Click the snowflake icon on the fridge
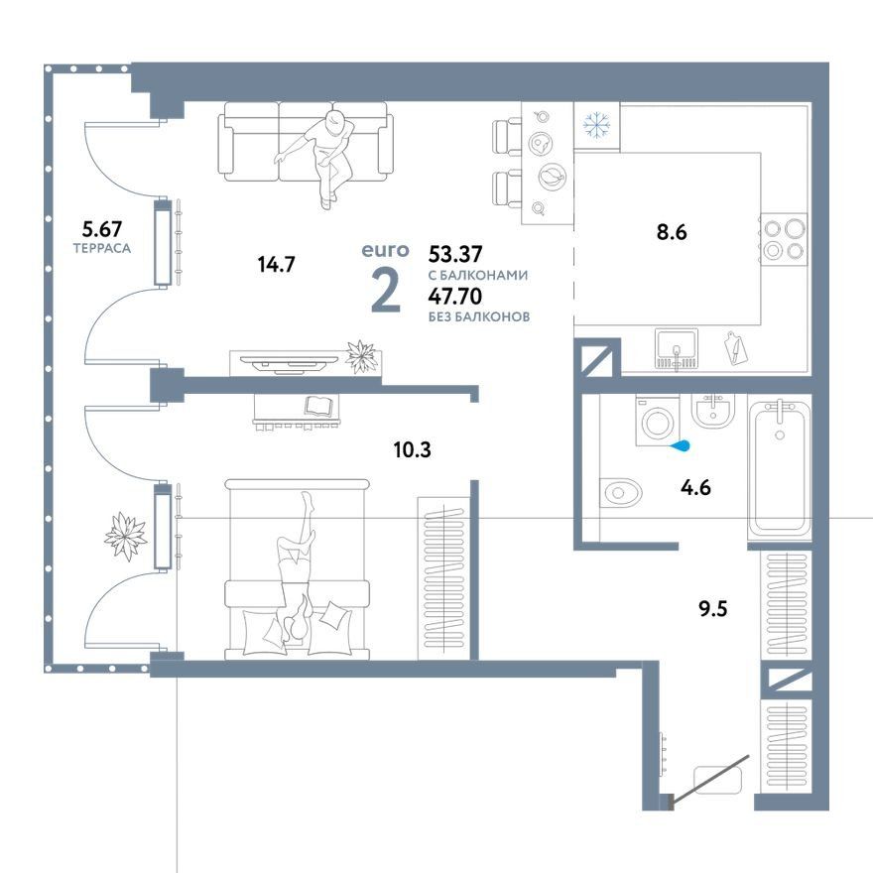coord(596,125)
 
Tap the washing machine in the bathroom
coord(658,421)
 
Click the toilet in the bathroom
coord(620,492)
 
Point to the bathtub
coord(779,468)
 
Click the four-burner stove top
coord(784,239)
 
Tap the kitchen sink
coord(677,350)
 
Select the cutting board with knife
coord(736,348)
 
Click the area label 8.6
coord(672,231)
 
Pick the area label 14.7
coord(276,264)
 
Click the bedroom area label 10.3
coord(412,449)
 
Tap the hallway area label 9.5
coord(713,608)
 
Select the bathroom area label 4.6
coord(695,487)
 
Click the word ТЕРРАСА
coord(102,248)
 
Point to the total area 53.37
coord(455,254)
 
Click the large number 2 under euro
coord(385,293)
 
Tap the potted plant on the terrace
coord(126,536)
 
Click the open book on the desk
coord(321,405)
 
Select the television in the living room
coord(290,363)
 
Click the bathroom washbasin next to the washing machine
coord(713,412)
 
